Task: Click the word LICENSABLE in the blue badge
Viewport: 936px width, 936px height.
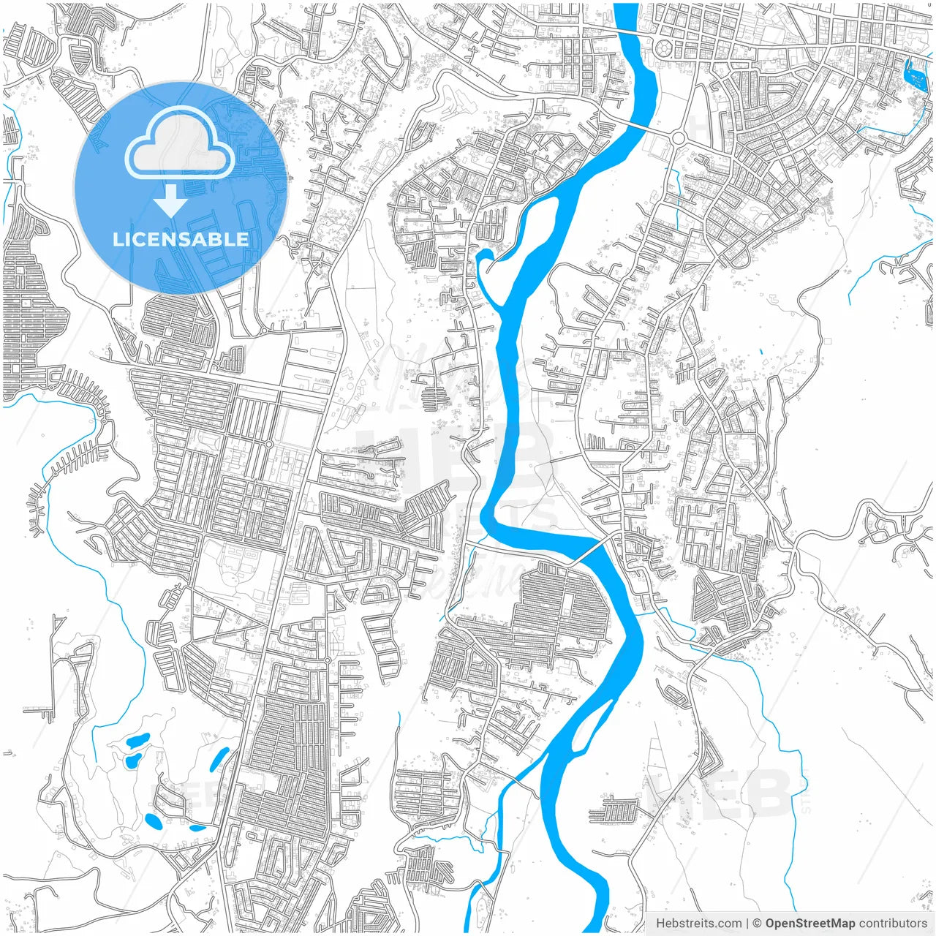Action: click(x=181, y=239)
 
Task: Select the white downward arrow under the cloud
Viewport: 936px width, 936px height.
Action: click(x=170, y=200)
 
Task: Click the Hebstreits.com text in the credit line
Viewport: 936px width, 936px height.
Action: click(x=698, y=924)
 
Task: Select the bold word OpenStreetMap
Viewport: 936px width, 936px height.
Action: click(x=809, y=924)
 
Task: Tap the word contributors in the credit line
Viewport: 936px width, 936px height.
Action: click(x=893, y=924)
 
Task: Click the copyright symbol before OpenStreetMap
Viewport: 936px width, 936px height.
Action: click(x=758, y=924)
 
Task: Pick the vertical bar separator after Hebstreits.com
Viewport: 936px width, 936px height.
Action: click(x=747, y=924)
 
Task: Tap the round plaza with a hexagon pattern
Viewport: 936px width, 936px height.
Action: click(x=664, y=49)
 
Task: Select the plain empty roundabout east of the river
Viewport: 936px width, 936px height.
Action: click(x=678, y=137)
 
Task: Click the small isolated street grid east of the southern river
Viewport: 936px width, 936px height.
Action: click(x=614, y=810)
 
